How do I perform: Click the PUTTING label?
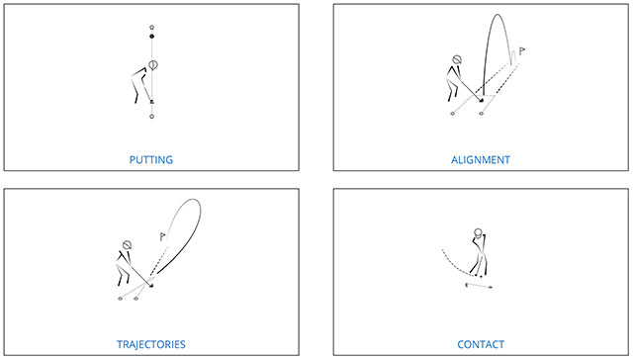click(x=151, y=160)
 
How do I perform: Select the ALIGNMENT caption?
click(x=481, y=160)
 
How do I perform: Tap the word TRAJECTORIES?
click(x=151, y=344)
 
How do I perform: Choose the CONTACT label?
click(x=481, y=344)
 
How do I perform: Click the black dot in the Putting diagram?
click(x=151, y=37)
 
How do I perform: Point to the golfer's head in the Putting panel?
click(x=153, y=64)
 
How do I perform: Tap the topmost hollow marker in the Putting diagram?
click(x=151, y=27)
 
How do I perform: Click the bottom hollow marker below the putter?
click(x=151, y=117)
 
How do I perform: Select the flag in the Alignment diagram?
click(x=521, y=51)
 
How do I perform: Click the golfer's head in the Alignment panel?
click(x=457, y=60)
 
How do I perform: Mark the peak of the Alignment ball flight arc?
click(x=497, y=15)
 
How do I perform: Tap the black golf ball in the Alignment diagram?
click(x=482, y=100)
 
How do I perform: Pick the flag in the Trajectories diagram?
click(x=162, y=236)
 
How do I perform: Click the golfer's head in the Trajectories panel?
click(x=127, y=245)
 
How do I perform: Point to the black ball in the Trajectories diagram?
click(x=151, y=286)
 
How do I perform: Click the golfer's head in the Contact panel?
click(x=478, y=232)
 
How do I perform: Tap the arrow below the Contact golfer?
click(x=479, y=286)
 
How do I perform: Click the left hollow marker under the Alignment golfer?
click(x=453, y=114)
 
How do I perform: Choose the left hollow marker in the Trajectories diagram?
click(x=120, y=299)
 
